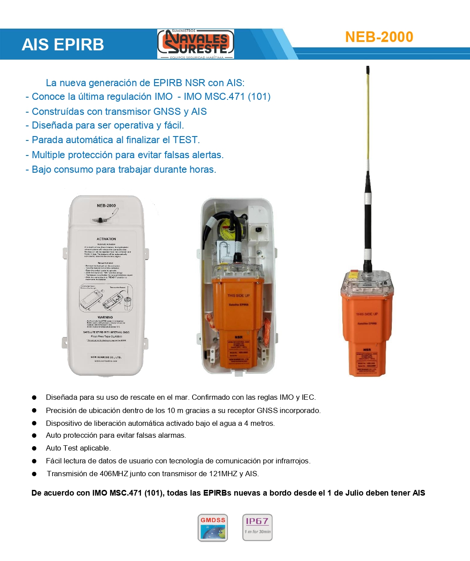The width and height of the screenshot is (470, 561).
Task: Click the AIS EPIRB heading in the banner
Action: coord(63,45)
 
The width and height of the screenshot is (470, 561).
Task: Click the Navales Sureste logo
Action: coord(196,44)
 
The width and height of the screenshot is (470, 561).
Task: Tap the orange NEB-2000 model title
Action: coord(379,37)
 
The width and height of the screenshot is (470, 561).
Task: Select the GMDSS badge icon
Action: coord(212,527)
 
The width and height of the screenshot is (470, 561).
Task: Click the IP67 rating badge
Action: coord(257,527)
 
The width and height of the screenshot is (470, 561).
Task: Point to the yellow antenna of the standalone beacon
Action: coord(368,119)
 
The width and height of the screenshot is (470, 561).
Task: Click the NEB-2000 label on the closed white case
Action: coord(106,205)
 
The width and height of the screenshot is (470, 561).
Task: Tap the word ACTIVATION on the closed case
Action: coord(106,239)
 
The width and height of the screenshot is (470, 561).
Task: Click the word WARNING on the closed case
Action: coord(105,317)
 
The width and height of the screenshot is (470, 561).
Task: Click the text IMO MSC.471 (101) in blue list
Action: coord(227,97)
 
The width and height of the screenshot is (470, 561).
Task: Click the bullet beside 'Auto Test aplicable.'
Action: coord(34,448)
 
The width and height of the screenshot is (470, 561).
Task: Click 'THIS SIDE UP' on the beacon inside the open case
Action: coord(239,296)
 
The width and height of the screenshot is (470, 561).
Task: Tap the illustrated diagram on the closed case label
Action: coord(106,298)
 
